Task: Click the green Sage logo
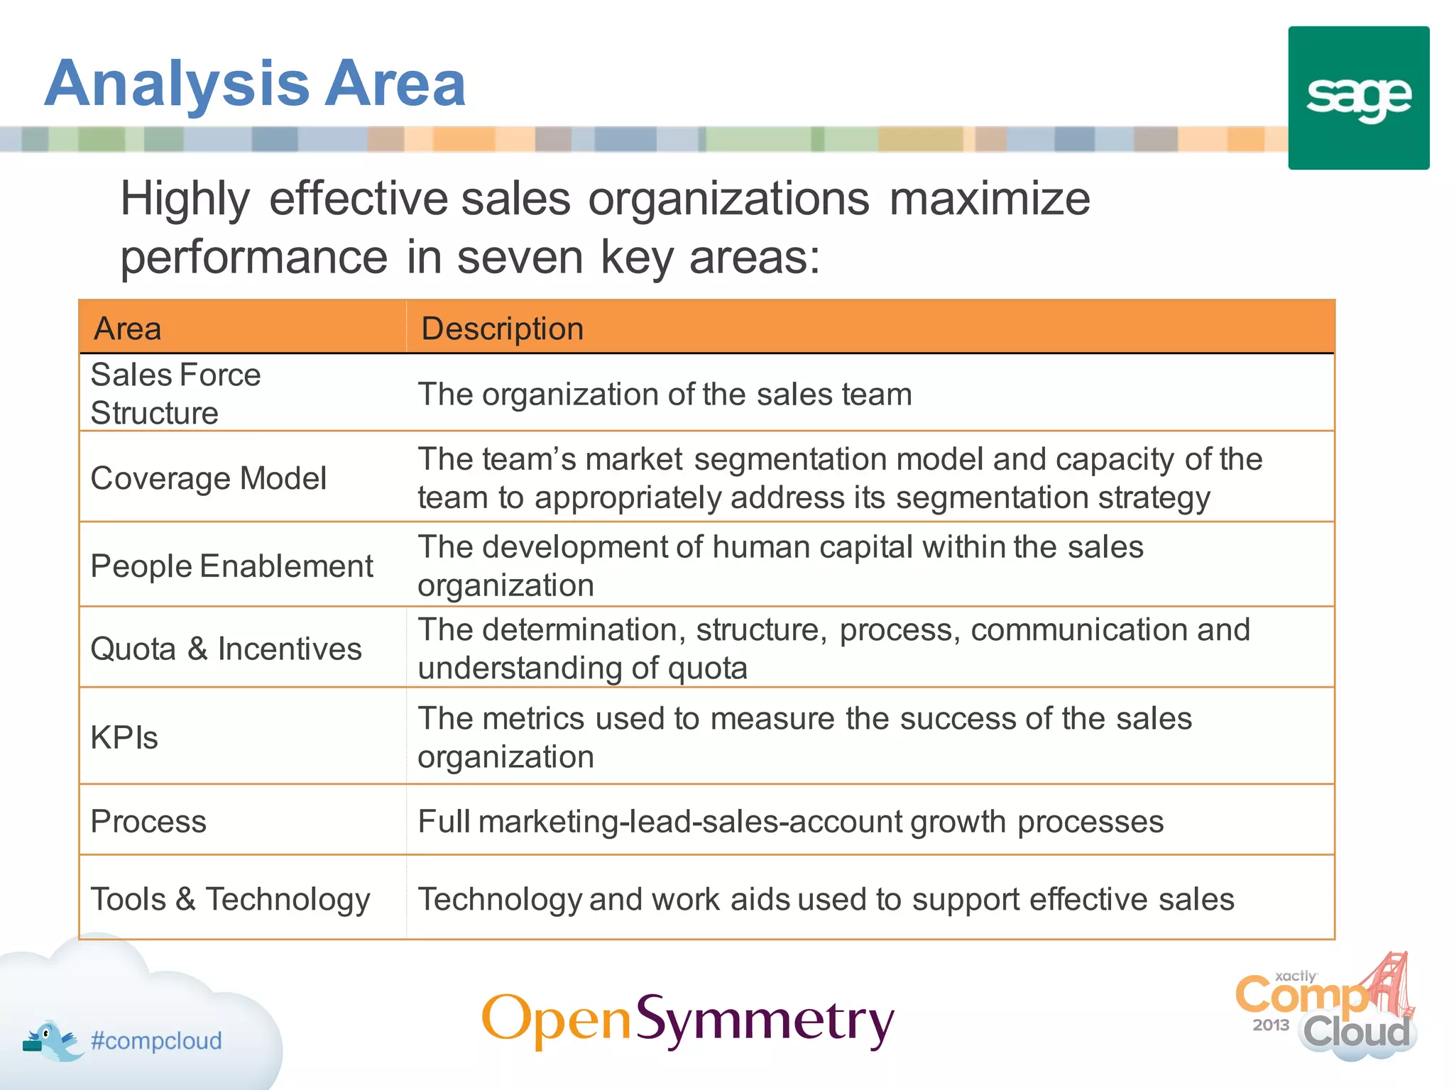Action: [1358, 98]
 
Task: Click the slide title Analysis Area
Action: [255, 84]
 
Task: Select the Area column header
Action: [129, 329]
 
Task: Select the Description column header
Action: [502, 329]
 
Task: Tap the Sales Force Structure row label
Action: [175, 394]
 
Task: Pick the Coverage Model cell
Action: [209, 478]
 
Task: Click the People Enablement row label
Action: [231, 566]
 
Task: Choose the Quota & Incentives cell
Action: [226, 649]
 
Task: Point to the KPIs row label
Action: [124, 737]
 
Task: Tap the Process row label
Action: [148, 822]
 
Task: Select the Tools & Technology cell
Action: [230, 899]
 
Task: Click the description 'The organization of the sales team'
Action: [665, 395]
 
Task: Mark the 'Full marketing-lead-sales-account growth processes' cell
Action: [790, 822]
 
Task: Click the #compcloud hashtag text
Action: [156, 1040]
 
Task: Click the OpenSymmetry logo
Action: [687, 1020]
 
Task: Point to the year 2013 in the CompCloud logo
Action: [1270, 1025]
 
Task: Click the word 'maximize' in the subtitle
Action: [989, 199]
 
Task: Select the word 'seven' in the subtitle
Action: [520, 257]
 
